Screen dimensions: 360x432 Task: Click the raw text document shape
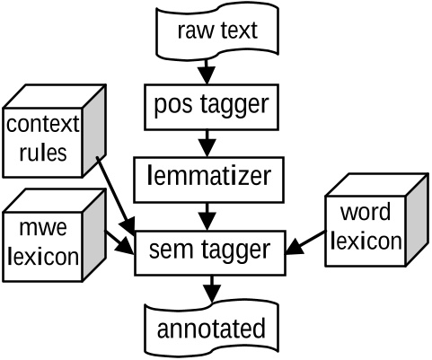(x=216, y=31)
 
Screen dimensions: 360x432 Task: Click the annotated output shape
(x=212, y=327)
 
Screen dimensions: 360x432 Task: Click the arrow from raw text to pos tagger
(x=208, y=70)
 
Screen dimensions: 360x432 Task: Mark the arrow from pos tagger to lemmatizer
(x=208, y=142)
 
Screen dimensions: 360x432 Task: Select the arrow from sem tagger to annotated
(x=211, y=289)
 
